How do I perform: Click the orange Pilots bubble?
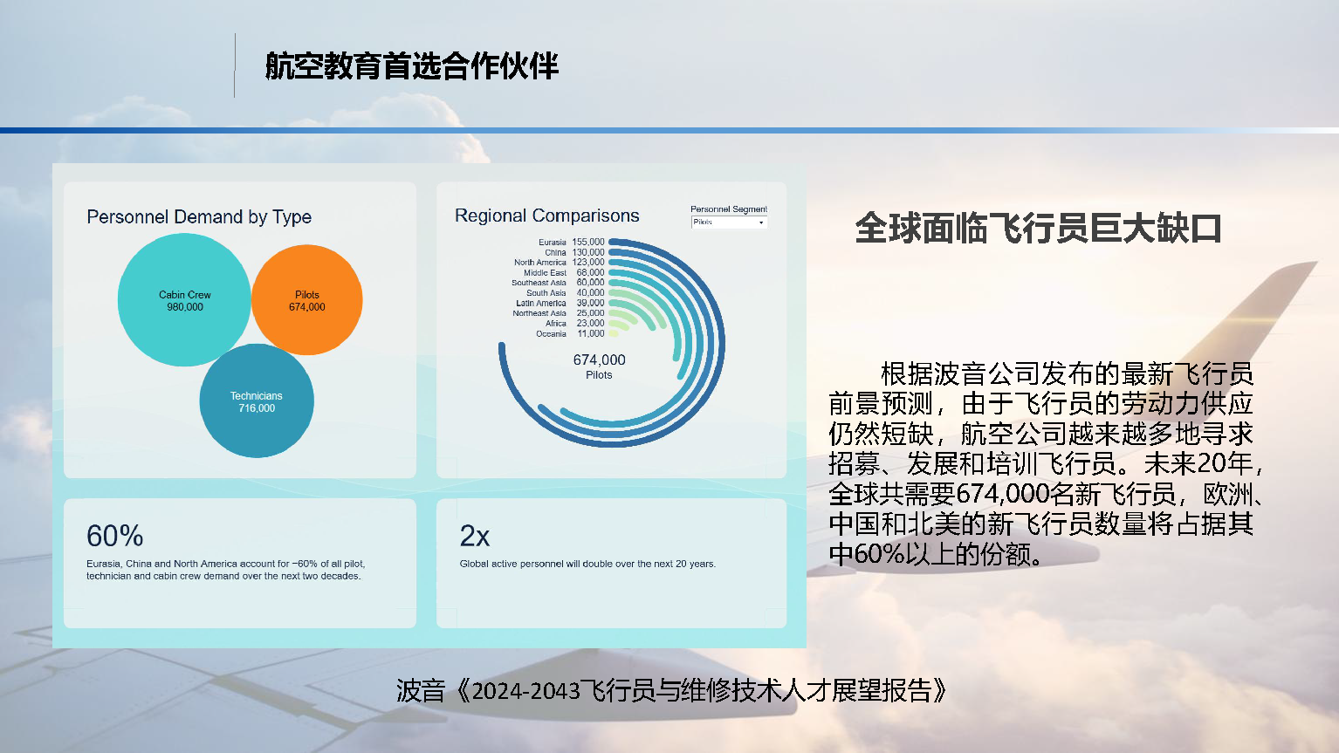(306, 300)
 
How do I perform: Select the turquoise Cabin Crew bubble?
(184, 300)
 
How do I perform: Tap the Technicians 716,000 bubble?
(257, 401)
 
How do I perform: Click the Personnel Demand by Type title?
(199, 216)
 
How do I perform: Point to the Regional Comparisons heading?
(546, 216)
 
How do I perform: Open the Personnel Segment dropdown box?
(729, 222)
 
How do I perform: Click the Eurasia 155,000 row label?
(571, 242)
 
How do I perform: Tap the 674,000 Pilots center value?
(599, 366)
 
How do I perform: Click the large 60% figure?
(114, 536)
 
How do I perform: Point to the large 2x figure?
(475, 536)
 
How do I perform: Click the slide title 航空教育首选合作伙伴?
(411, 65)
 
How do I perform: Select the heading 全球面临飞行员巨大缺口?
(1038, 229)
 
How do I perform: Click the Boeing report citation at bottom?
(672, 691)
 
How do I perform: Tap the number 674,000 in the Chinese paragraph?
(1003, 494)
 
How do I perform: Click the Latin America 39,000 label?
(560, 303)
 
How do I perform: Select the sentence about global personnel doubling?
(587, 564)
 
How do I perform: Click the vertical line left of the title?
(235, 65)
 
